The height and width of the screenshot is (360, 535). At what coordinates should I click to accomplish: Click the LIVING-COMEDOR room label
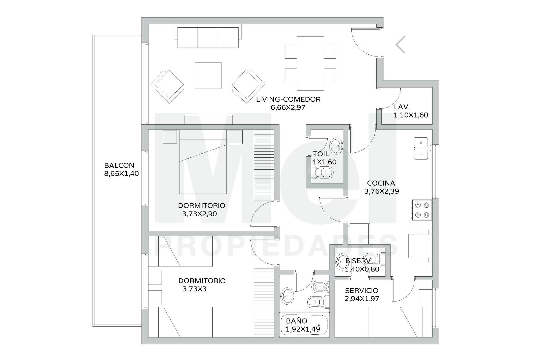click(288, 99)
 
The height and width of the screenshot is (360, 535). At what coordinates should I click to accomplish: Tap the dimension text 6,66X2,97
click(288, 107)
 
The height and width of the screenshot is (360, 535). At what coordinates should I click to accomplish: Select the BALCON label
click(119, 165)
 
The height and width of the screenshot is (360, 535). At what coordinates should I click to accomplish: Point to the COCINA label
click(381, 183)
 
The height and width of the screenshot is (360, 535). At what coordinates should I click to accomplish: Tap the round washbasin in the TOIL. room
click(336, 145)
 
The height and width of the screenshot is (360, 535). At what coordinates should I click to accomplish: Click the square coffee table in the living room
click(208, 75)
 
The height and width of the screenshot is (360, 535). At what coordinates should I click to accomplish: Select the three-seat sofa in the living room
click(208, 38)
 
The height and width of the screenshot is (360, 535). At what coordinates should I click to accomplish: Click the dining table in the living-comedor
click(310, 63)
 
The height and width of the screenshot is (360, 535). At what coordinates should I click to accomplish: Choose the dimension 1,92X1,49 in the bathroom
click(303, 329)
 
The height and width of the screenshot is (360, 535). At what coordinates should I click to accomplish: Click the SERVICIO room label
click(362, 291)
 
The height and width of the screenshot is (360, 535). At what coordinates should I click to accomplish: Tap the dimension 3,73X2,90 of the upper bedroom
click(200, 214)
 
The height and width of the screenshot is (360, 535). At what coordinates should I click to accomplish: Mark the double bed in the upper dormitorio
click(203, 162)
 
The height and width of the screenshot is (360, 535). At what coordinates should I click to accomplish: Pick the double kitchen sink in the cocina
click(421, 148)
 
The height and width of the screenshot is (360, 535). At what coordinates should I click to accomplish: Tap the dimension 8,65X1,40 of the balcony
click(121, 174)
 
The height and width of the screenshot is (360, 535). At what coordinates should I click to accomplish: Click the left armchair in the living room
click(167, 86)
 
